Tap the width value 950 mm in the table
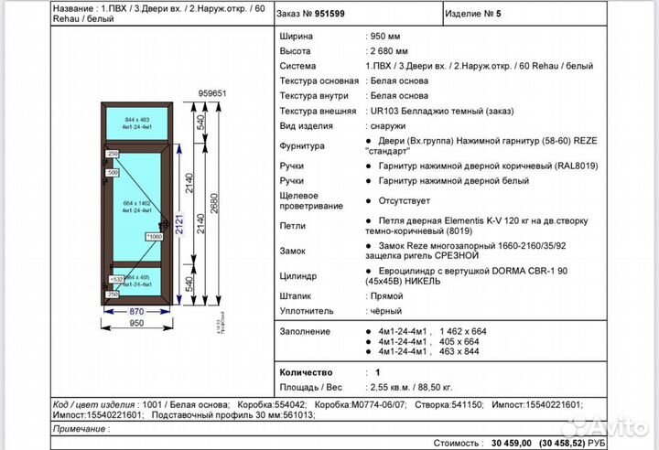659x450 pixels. tap(385, 36)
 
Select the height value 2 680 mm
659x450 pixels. tap(389, 51)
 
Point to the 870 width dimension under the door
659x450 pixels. tap(136, 311)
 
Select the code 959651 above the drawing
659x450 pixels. tap(212, 93)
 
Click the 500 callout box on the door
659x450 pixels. tap(113, 172)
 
